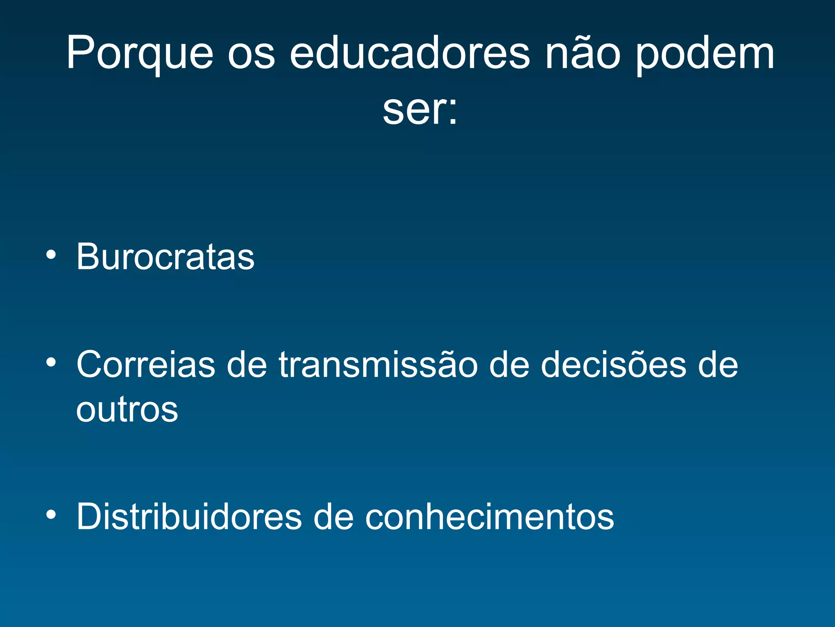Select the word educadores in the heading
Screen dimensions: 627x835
pyautogui.click(x=409, y=53)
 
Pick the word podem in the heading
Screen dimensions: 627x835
pyautogui.click(x=705, y=55)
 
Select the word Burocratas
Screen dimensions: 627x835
pyautogui.click(x=166, y=257)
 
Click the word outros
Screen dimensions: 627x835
pyautogui.click(x=127, y=409)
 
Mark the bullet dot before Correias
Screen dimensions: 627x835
pyautogui.click(x=51, y=362)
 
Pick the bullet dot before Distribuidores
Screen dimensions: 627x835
pyautogui.click(x=51, y=515)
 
